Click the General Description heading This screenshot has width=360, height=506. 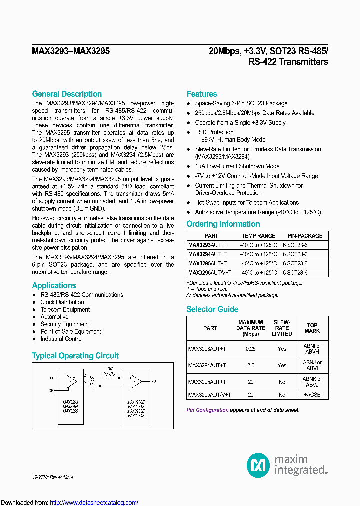[67, 94]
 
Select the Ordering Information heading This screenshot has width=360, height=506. [223, 224]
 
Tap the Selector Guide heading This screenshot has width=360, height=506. [212, 309]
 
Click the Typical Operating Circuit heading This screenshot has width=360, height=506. [75, 356]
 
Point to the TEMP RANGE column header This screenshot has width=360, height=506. [259, 236]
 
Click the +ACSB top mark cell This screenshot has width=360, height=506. [312, 395]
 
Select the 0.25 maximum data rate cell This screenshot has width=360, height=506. [251, 349]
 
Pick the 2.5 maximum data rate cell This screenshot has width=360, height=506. [251, 365]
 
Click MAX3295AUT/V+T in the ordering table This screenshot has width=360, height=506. [210, 273]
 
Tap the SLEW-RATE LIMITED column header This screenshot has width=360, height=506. [282, 328]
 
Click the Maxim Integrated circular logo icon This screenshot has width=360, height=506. [258, 465]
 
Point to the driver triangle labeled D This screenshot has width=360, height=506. [69, 381]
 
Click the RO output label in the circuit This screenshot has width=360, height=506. [153, 381]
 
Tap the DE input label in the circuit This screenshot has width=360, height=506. [51, 391]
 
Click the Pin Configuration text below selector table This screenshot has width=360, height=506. [207, 410]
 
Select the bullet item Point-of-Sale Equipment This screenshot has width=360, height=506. [71, 331]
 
